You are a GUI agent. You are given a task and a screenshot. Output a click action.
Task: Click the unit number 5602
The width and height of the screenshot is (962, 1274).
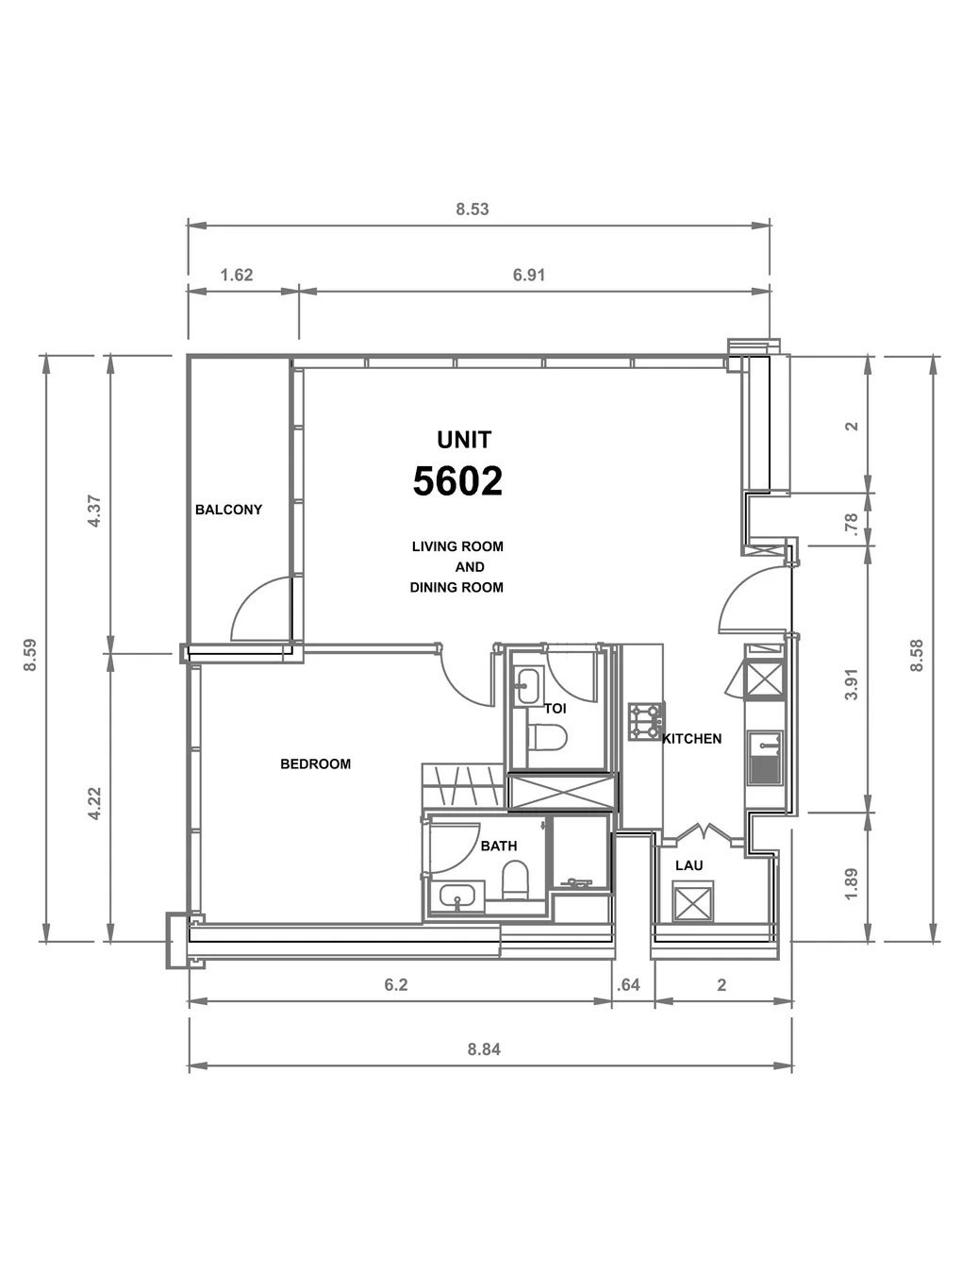click(x=457, y=481)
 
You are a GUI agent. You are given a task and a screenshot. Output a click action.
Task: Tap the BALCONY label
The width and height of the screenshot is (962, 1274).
click(x=228, y=510)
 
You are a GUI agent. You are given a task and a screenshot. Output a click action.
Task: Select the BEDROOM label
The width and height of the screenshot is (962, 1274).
click(x=315, y=763)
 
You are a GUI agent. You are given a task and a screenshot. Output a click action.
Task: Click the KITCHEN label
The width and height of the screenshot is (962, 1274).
click(x=691, y=739)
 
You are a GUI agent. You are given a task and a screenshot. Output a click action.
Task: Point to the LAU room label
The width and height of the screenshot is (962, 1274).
click(x=688, y=865)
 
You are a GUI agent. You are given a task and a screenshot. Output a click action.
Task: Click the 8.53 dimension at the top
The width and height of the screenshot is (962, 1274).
click(x=472, y=210)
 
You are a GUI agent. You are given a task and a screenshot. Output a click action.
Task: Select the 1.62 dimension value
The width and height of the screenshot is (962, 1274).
click(x=237, y=275)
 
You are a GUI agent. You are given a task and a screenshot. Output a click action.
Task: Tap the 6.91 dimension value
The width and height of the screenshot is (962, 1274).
click(x=529, y=275)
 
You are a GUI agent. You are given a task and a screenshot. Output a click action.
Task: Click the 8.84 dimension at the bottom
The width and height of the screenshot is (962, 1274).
click(x=484, y=1049)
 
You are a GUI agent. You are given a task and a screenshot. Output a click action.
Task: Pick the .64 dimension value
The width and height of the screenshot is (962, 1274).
click(x=628, y=985)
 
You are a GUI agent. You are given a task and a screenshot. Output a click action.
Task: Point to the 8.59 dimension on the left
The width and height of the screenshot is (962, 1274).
click(x=30, y=655)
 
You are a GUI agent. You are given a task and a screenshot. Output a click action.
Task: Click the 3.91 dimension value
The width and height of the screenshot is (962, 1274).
click(x=852, y=685)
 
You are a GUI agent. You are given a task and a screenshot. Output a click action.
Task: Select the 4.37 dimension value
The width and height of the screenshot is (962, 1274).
click(x=94, y=511)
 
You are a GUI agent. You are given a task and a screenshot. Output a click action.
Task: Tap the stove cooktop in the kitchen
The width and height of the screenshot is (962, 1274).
click(x=647, y=721)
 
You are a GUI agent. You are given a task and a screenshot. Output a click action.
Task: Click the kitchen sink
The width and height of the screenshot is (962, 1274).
click(x=765, y=758)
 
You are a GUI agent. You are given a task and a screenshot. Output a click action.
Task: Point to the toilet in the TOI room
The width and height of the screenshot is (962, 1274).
click(x=546, y=737)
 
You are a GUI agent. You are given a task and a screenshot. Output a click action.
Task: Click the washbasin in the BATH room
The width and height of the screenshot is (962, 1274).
click(x=456, y=897)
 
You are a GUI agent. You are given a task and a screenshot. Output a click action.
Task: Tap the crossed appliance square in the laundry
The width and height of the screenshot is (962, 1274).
click(x=692, y=902)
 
